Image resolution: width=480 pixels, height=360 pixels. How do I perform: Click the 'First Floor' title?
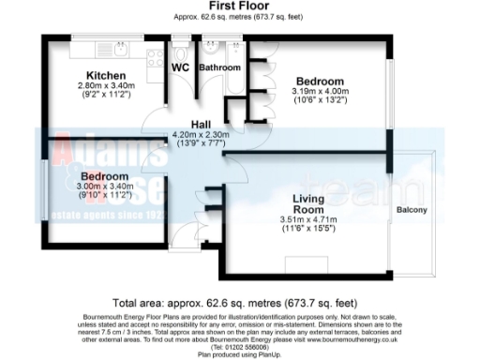point(240,6)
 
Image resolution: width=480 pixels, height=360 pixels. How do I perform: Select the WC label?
point(182,67)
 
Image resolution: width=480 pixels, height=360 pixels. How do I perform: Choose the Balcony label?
point(412,209)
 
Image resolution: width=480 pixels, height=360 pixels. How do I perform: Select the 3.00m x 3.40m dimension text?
point(103,187)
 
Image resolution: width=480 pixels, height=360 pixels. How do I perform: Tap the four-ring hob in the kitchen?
point(151,58)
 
